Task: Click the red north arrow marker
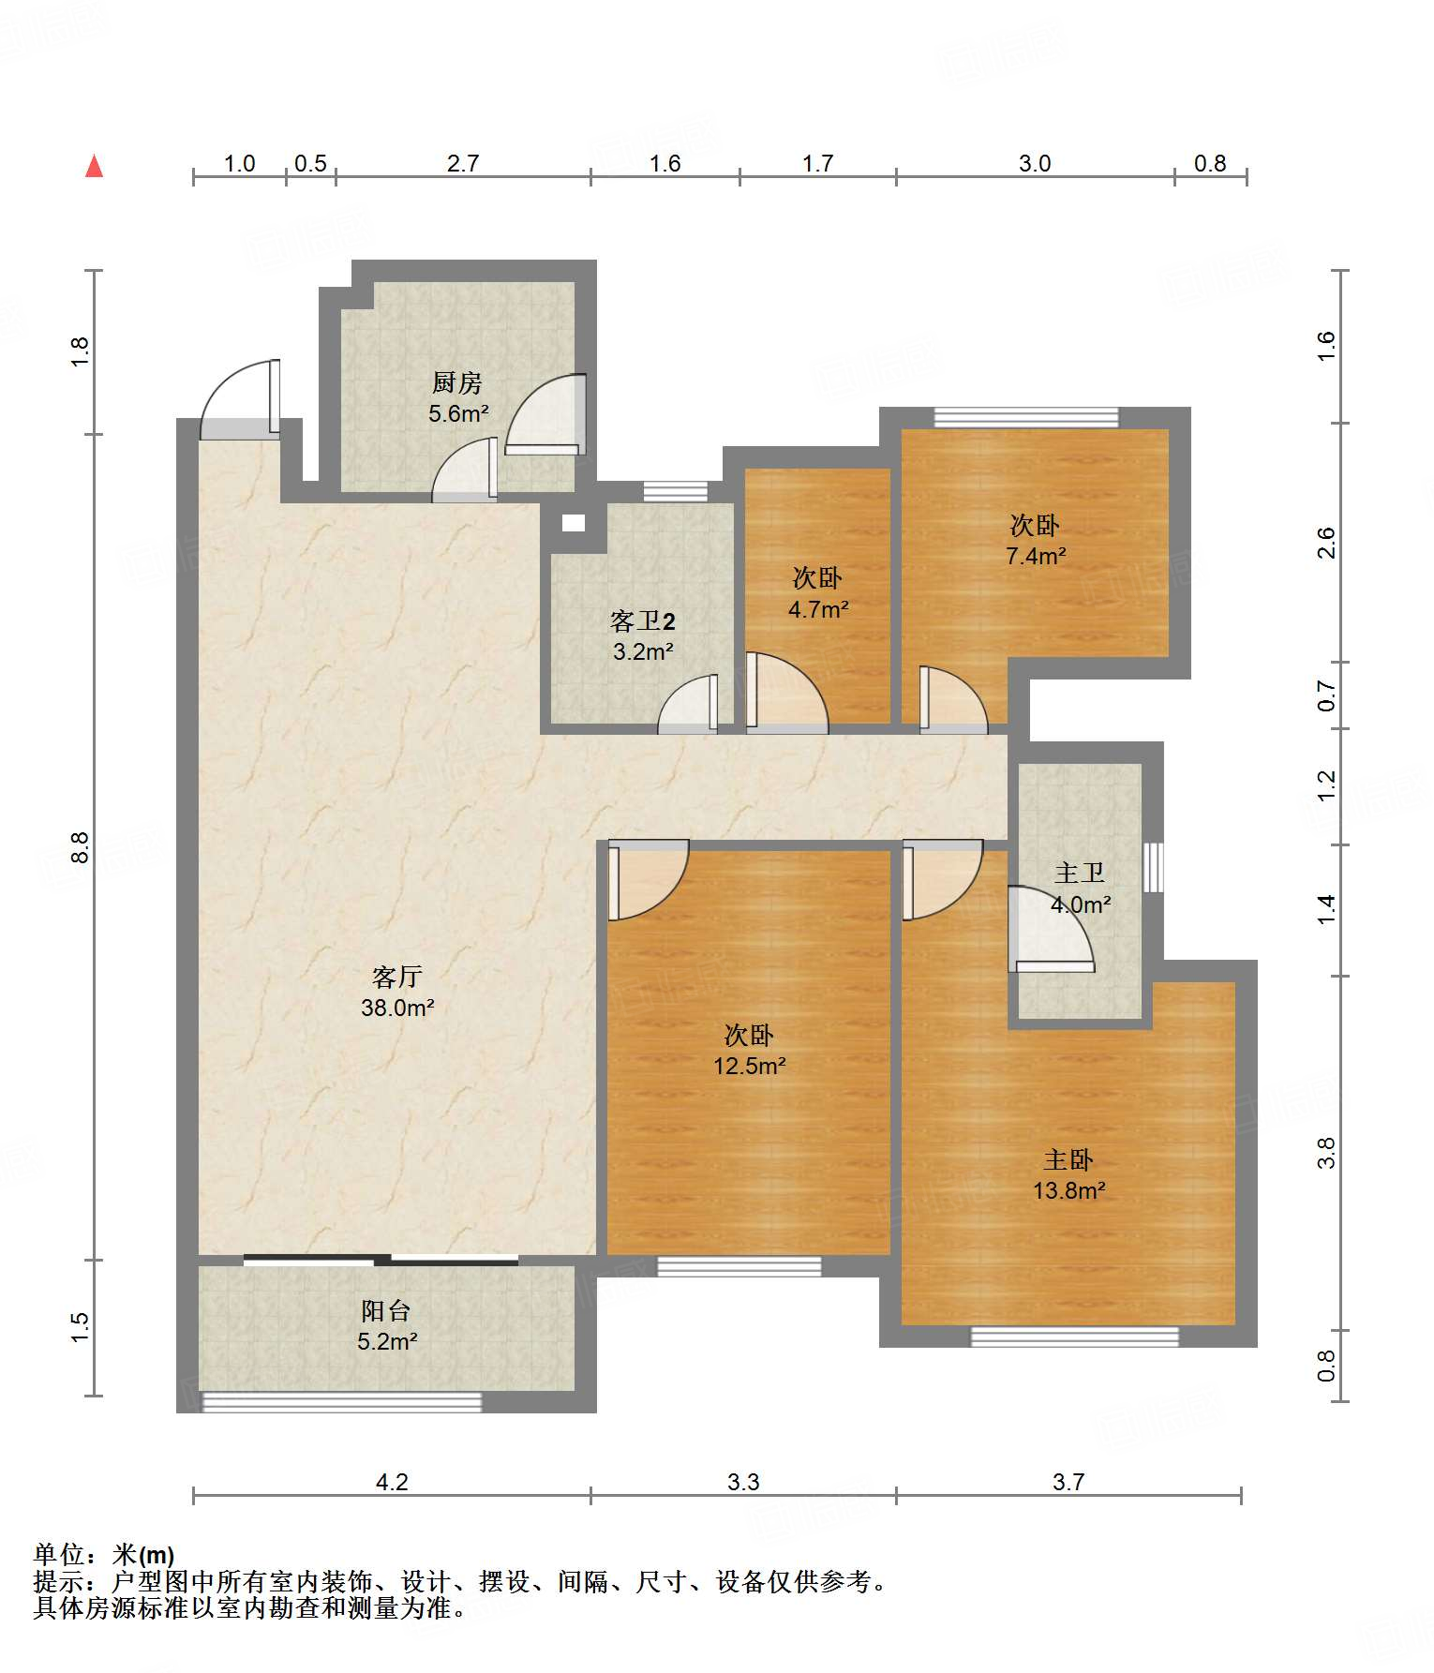tap(94, 166)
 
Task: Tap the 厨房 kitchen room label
tap(457, 382)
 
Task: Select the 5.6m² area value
tap(458, 413)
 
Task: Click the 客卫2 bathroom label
tap(643, 621)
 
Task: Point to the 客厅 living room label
tap(397, 977)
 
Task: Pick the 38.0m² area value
tap(397, 1008)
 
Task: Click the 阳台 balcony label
tap(386, 1310)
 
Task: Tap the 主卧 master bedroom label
tap(1068, 1159)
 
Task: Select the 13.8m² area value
tap(1069, 1190)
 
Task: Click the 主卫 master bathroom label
tap(1080, 873)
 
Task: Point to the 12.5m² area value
tap(750, 1066)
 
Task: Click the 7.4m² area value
tap(1036, 556)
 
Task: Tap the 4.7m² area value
tap(818, 609)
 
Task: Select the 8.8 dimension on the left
tap(81, 847)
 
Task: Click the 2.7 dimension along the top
tap(463, 163)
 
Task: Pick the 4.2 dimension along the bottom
tap(392, 1482)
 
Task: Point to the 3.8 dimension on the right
tap(1326, 1153)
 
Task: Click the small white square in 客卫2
tap(573, 523)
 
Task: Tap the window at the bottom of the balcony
tap(342, 1402)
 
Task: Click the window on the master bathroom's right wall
tap(1154, 867)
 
